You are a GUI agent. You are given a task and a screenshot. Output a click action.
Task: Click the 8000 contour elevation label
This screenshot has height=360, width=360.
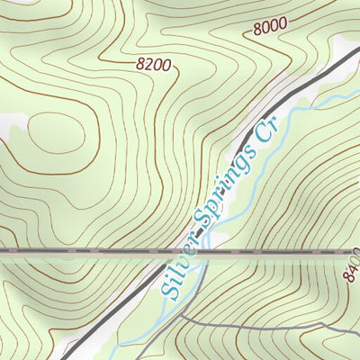point(270,28)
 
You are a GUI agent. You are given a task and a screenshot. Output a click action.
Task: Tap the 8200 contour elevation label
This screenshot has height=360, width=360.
point(153,64)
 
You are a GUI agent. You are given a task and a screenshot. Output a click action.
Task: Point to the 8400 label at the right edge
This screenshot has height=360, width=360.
point(351,268)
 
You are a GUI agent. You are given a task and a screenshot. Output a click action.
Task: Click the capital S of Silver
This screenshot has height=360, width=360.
point(168,289)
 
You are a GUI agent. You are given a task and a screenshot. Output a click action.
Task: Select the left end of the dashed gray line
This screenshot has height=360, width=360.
point(2,253)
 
